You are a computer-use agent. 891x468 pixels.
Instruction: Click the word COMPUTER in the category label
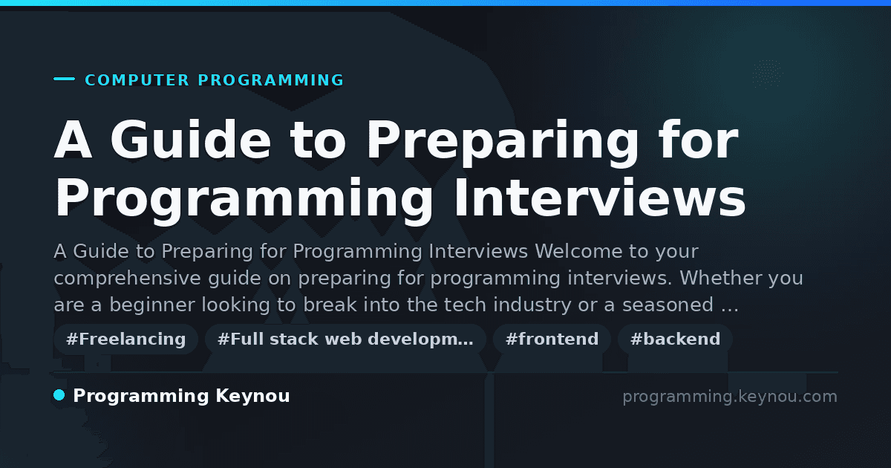tap(137, 80)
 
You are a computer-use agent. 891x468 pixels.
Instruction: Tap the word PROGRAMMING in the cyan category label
tap(270, 80)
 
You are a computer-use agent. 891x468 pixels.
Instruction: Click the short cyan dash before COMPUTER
tap(64, 79)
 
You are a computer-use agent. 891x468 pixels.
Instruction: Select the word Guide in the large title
tap(191, 140)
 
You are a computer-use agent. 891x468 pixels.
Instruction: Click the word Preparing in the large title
tap(503, 142)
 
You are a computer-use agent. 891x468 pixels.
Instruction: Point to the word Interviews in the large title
tap(600, 198)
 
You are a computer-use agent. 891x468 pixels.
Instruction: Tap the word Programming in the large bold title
tap(244, 201)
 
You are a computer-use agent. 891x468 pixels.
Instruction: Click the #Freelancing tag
tap(125, 339)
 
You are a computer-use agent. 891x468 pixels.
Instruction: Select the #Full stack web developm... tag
tap(345, 339)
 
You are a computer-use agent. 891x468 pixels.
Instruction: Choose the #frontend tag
tap(552, 339)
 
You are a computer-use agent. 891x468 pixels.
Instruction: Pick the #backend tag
tap(675, 339)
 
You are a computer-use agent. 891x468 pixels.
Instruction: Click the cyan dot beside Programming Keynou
tap(59, 395)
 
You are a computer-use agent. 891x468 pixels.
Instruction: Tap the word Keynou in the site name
tap(252, 397)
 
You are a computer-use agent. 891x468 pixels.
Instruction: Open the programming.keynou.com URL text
tap(730, 397)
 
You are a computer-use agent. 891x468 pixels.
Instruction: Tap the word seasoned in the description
tap(668, 305)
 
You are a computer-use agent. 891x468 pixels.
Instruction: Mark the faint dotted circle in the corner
tap(767, 74)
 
